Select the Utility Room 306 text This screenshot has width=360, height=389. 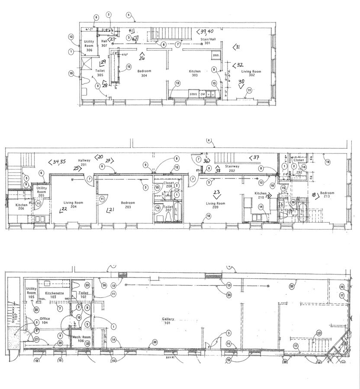point(89,46)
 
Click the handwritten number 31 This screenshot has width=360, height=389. point(237,47)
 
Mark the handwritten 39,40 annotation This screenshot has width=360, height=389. point(206,31)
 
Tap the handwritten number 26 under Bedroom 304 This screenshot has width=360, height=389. point(141,56)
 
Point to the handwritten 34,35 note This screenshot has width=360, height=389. point(58,163)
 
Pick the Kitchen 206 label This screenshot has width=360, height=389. point(21,207)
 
